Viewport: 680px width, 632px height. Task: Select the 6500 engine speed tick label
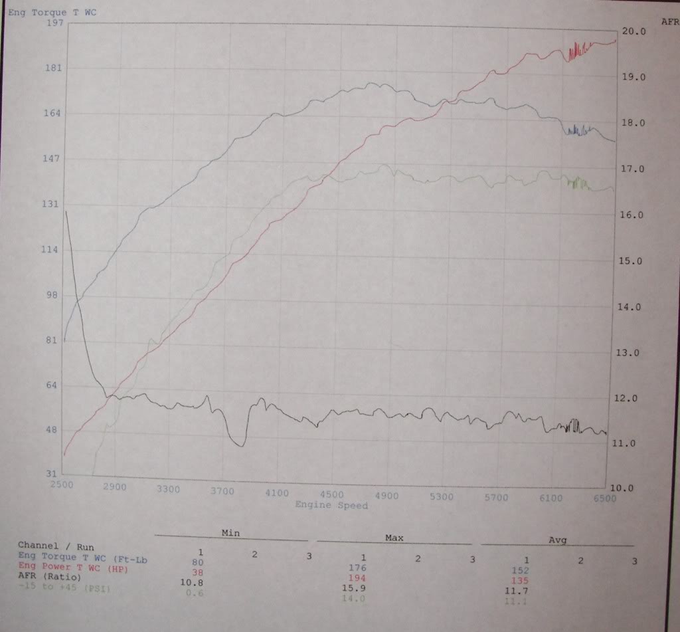click(x=604, y=497)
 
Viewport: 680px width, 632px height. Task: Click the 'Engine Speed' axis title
click(x=331, y=505)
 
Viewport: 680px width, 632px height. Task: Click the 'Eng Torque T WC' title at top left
click(x=52, y=12)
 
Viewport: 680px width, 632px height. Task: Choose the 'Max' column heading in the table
click(x=394, y=537)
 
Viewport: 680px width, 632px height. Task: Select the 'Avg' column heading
click(x=557, y=540)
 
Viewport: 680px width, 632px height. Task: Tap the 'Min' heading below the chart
click(x=230, y=533)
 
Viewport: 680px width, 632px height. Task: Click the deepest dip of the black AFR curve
click(x=240, y=445)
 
